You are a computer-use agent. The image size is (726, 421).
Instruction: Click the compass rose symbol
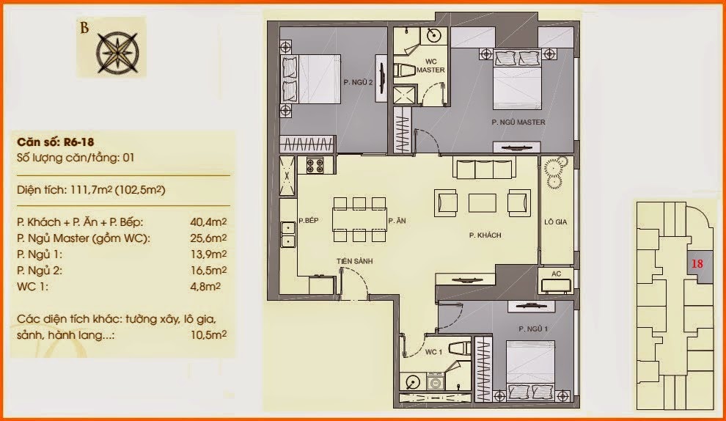click(x=117, y=52)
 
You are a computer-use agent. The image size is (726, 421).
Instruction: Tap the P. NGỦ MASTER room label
click(x=518, y=122)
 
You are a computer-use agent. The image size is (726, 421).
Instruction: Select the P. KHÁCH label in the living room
click(x=485, y=235)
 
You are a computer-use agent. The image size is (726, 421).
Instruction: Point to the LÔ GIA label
click(x=555, y=222)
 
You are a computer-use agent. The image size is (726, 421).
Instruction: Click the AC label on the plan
click(x=556, y=274)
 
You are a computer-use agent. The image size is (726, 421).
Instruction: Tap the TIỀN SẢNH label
click(x=355, y=261)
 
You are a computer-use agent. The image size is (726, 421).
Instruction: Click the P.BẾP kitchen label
click(x=308, y=221)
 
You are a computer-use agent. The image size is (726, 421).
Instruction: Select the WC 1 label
click(x=433, y=352)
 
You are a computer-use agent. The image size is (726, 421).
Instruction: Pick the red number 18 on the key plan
click(x=697, y=263)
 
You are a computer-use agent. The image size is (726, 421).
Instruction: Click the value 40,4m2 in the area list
click(x=208, y=222)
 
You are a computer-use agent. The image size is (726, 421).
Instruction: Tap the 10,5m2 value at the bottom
click(x=208, y=334)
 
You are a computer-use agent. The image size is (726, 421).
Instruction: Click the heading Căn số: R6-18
click(x=56, y=142)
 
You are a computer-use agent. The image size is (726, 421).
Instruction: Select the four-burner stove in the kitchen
click(x=315, y=165)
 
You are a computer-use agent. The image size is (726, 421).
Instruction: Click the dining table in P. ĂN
click(x=359, y=219)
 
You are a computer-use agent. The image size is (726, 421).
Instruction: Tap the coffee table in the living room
click(x=483, y=203)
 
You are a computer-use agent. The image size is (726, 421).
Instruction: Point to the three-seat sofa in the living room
click(x=484, y=169)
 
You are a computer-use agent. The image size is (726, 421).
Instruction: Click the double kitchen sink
click(x=288, y=235)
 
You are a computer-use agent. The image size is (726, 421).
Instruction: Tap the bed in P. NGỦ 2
click(x=311, y=79)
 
